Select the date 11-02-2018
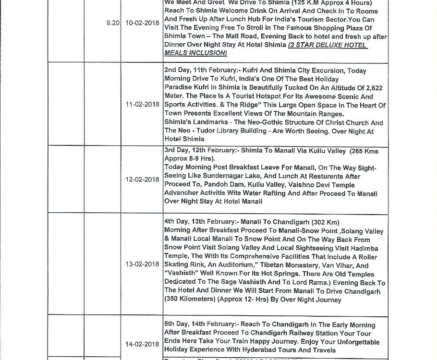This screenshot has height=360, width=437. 143,104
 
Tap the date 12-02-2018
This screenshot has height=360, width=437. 143,180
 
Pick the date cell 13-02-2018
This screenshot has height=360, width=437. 143,264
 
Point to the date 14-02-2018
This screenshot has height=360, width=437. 143,344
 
